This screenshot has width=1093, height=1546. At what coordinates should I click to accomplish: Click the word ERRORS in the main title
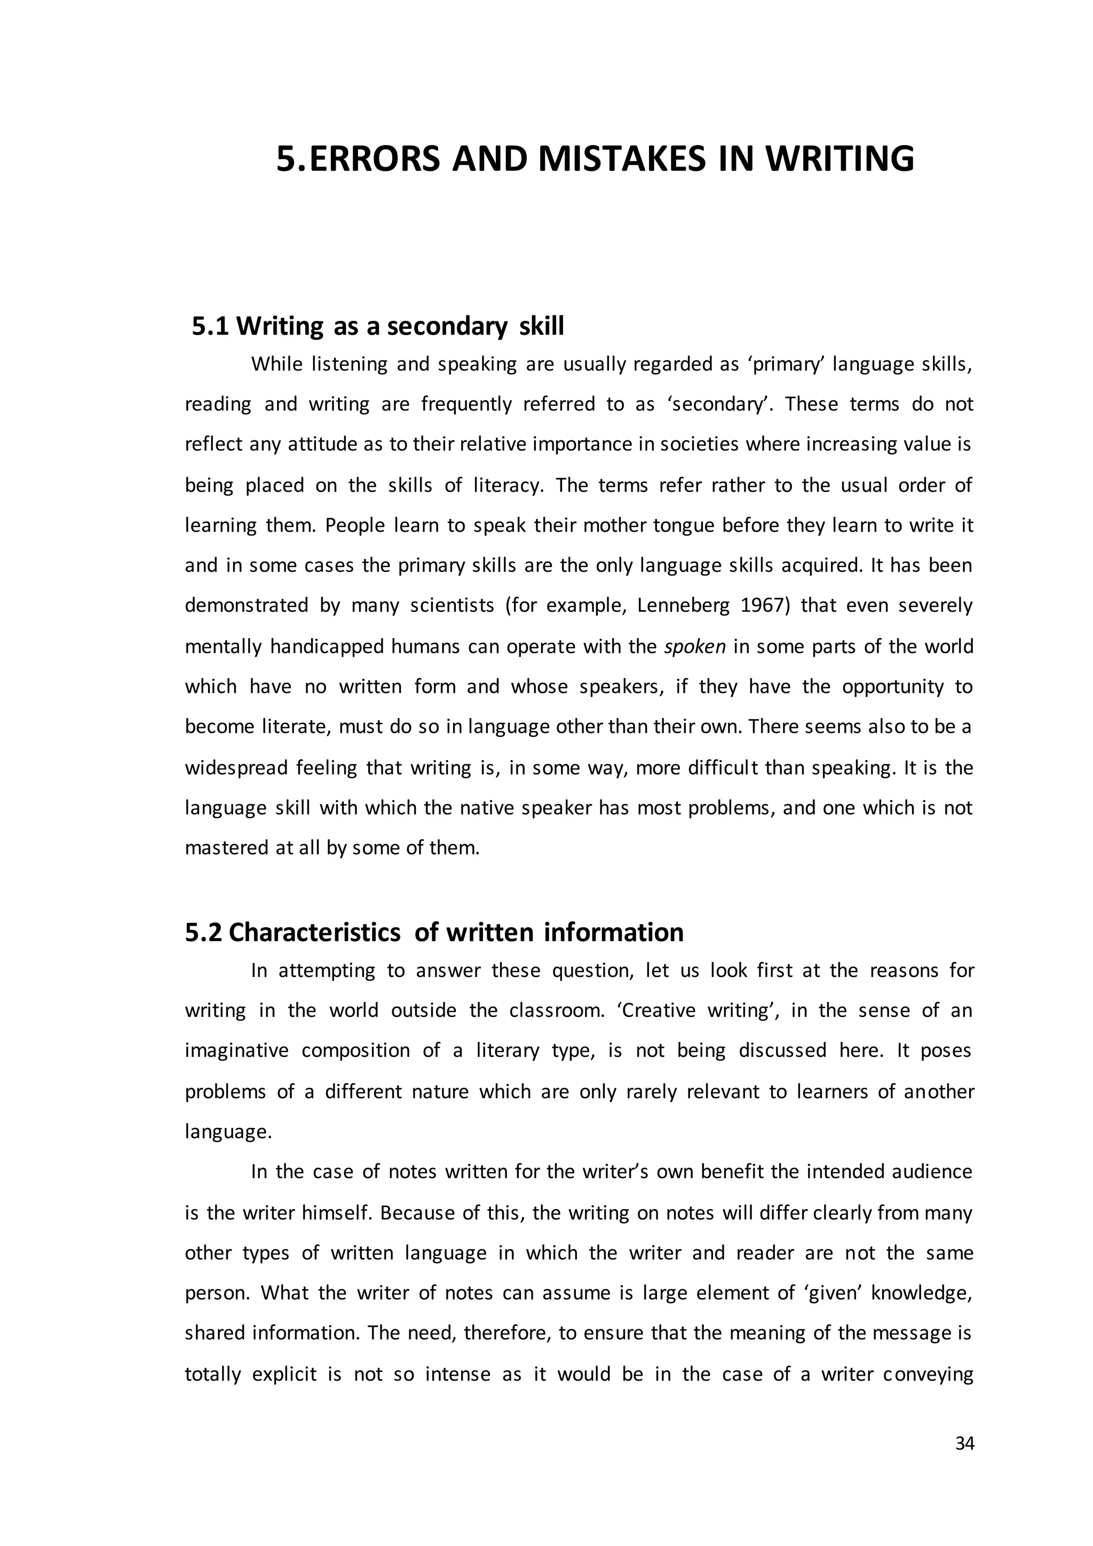point(374,160)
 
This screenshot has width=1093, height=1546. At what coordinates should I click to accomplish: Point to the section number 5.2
point(203,933)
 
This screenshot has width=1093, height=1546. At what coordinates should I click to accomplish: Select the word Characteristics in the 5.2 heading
point(314,933)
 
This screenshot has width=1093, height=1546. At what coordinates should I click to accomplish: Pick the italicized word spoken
point(694,647)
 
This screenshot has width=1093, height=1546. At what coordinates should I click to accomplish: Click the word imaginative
point(236,1051)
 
